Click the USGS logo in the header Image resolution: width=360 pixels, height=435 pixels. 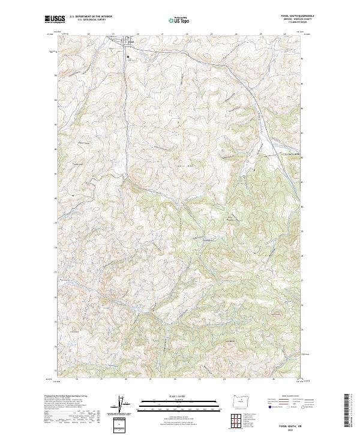tap(55, 20)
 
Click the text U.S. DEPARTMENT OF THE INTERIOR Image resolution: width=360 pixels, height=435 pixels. tap(91, 17)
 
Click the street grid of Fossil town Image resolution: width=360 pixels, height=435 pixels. tap(129, 43)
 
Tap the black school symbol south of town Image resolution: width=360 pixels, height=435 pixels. tap(128, 57)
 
